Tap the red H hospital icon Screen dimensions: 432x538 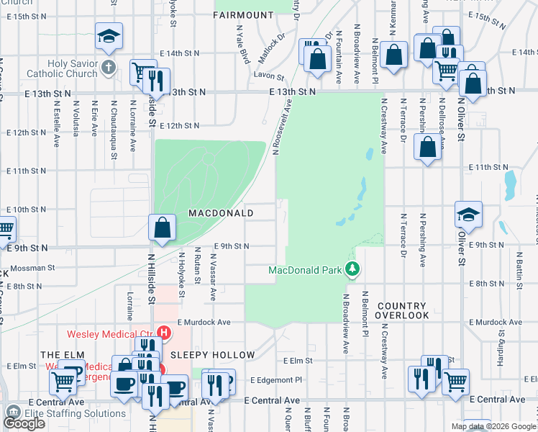[164, 333]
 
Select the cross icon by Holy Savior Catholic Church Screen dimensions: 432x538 [108, 68]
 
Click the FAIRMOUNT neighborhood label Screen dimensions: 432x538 [244, 14]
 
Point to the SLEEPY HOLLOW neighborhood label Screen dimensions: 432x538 [212, 355]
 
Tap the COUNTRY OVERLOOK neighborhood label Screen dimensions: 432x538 [412, 310]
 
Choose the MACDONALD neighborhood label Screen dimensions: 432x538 [221, 213]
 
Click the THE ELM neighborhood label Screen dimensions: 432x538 [58, 355]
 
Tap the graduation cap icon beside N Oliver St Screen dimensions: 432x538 [468, 214]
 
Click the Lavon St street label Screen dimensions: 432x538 [267, 74]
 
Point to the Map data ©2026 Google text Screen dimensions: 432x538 [493, 426]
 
